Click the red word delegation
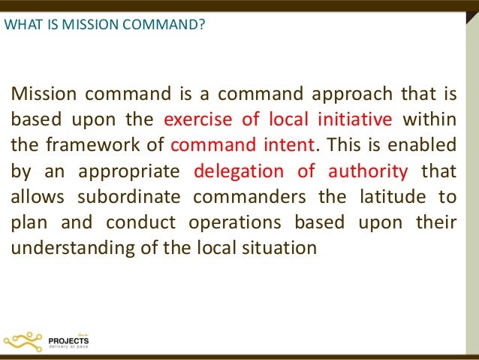pyautogui.click(x=237, y=169)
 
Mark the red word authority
pyautogui.click(x=368, y=169)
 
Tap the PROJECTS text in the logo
pyautogui.click(x=68, y=339)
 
